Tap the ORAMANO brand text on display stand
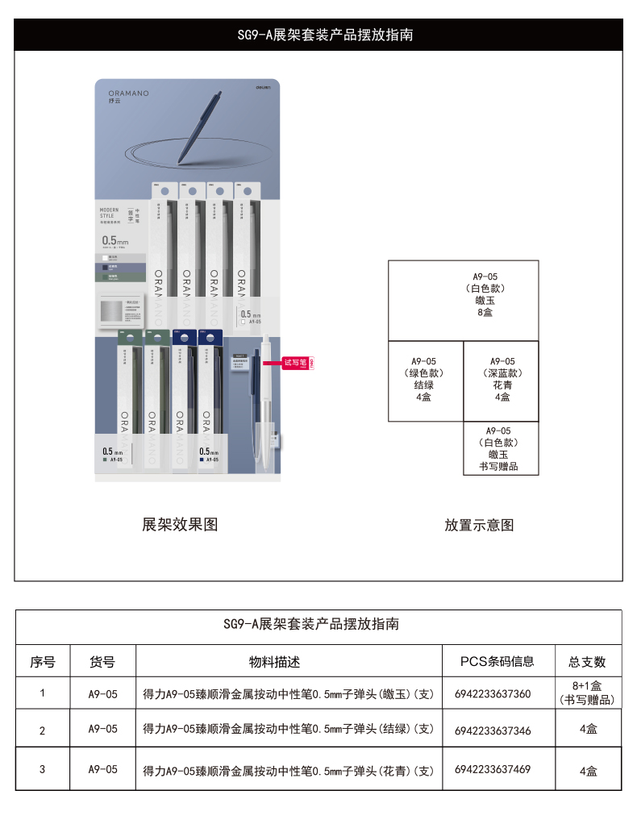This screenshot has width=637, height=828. (128, 94)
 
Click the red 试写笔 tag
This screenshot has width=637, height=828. (296, 363)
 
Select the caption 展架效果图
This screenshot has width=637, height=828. (180, 525)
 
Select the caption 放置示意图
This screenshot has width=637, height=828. (479, 525)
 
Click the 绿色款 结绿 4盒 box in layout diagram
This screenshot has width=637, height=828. (425, 380)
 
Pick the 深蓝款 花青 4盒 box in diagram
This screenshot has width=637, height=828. (502, 380)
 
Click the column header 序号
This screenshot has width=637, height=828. (43, 662)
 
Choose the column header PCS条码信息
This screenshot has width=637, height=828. (497, 661)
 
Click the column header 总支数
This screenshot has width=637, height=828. (586, 662)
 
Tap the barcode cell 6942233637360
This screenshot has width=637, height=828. (493, 693)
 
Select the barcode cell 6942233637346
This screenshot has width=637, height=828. (493, 730)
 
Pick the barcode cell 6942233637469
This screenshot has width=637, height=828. (493, 769)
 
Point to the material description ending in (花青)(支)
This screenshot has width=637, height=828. (289, 770)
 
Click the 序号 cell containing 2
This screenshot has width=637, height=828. (42, 730)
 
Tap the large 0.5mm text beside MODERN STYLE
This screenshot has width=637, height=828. (115, 240)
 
